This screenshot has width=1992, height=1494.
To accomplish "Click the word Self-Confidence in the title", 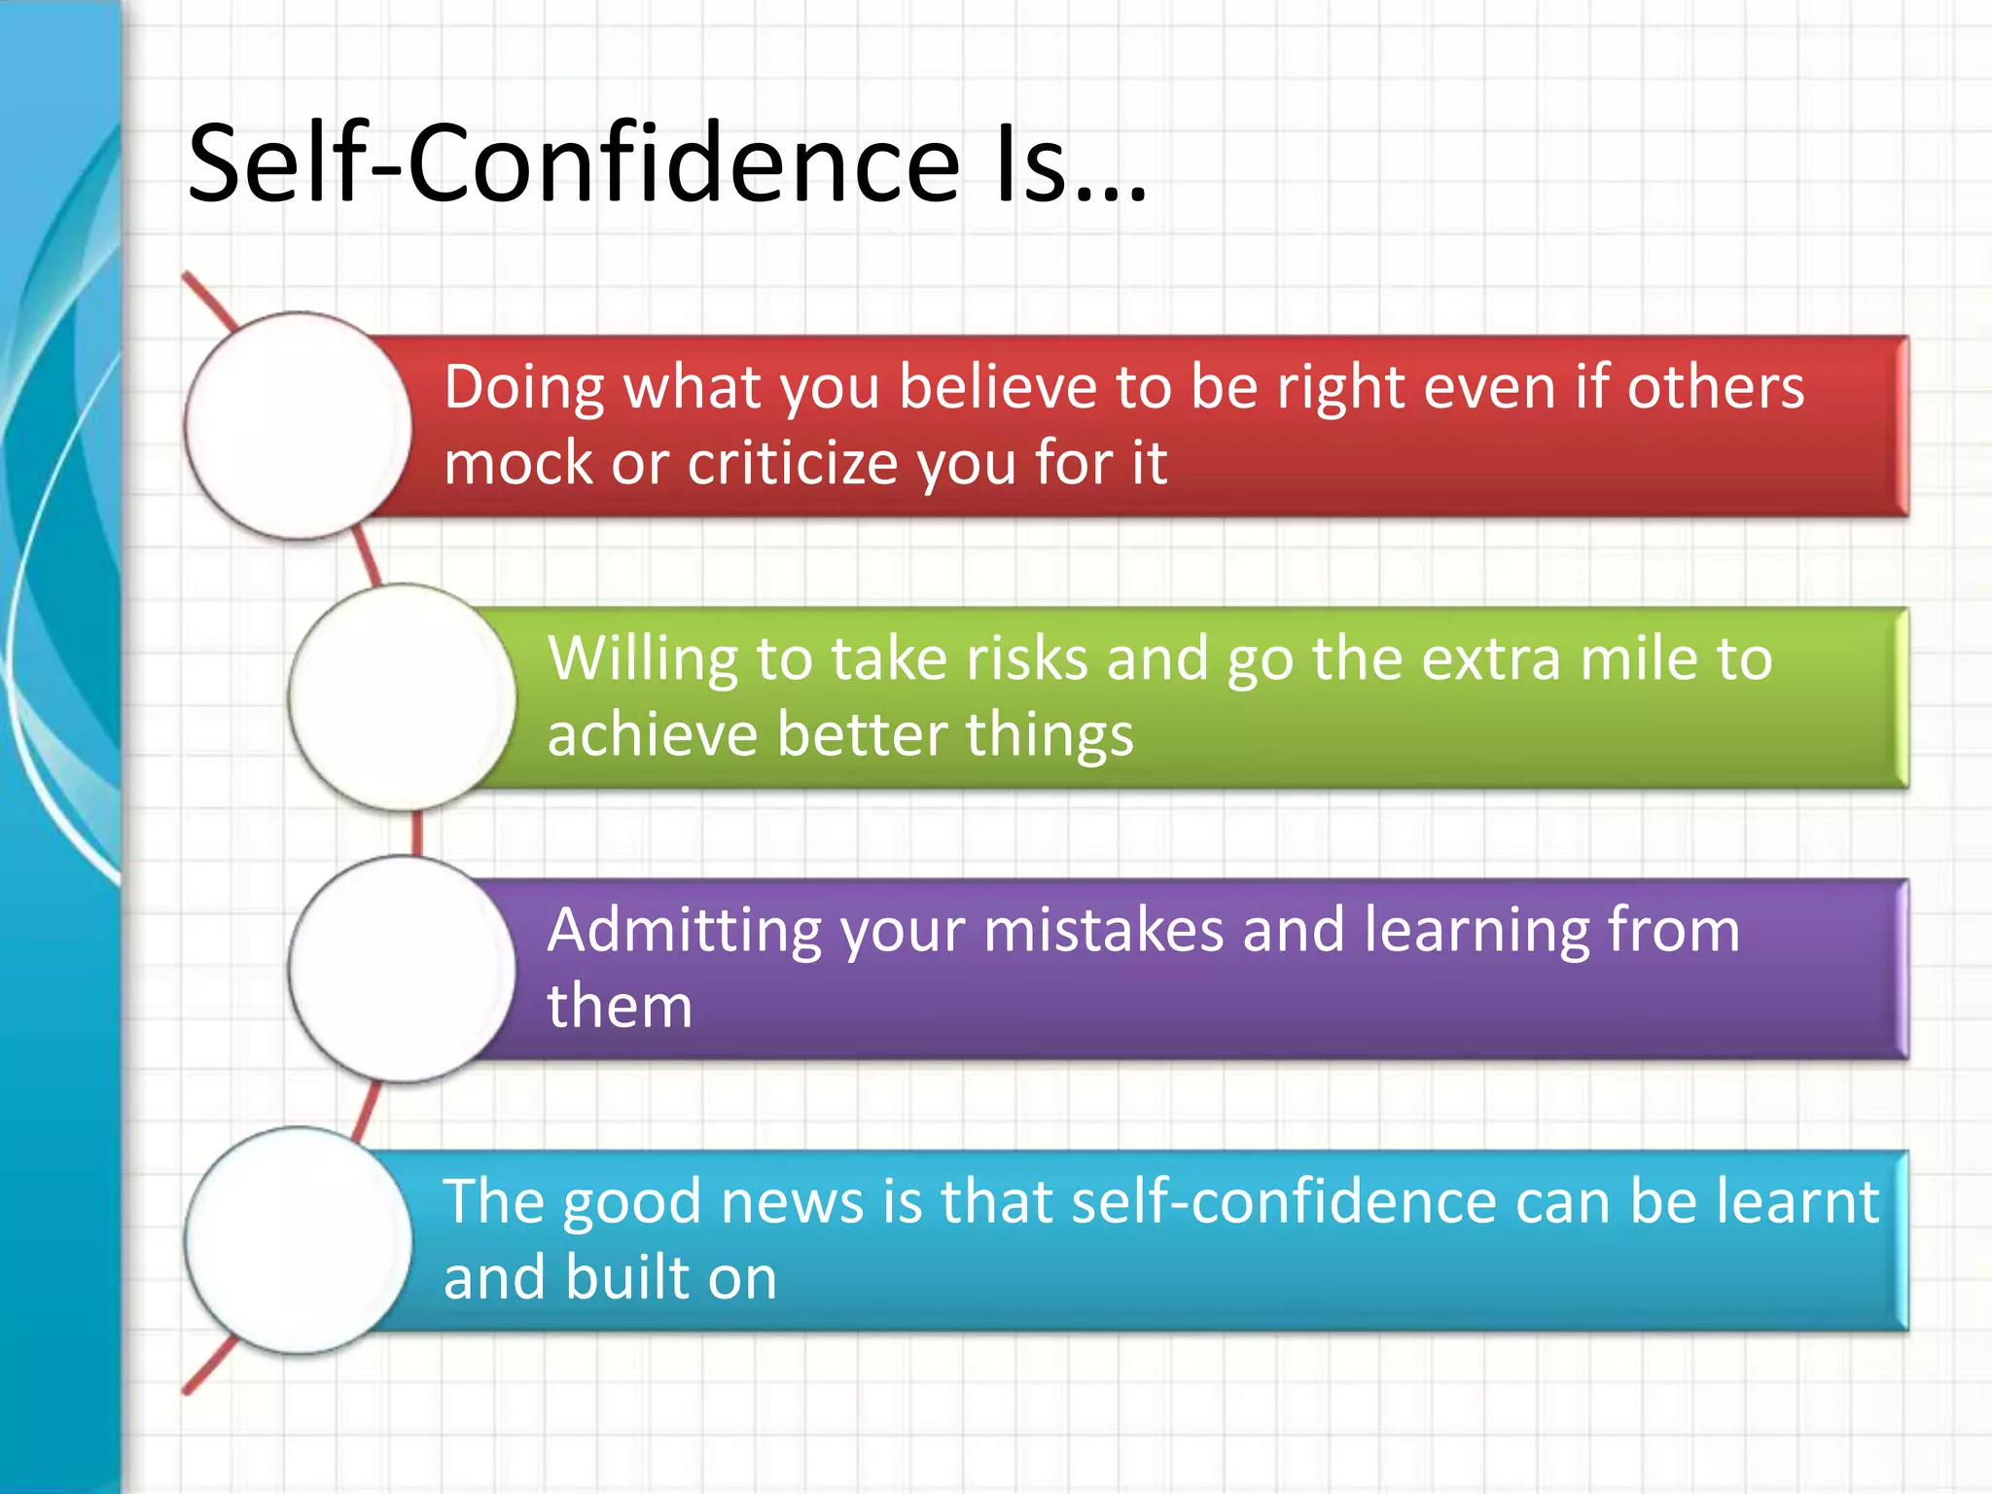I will click(x=574, y=163).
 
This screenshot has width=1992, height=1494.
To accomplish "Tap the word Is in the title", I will click(x=1033, y=163).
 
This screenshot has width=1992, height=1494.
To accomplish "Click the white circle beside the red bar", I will click(x=299, y=425).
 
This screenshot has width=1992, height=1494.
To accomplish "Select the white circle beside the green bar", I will click(x=403, y=696).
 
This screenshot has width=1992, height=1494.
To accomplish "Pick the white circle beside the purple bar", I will click(x=403, y=969).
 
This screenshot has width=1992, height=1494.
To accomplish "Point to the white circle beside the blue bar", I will click(x=299, y=1240).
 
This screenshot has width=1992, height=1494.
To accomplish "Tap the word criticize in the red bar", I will click(x=794, y=463).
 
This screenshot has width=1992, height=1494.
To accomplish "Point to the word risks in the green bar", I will click(x=1026, y=658).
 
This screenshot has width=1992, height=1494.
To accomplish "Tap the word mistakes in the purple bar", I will click(x=1103, y=931).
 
